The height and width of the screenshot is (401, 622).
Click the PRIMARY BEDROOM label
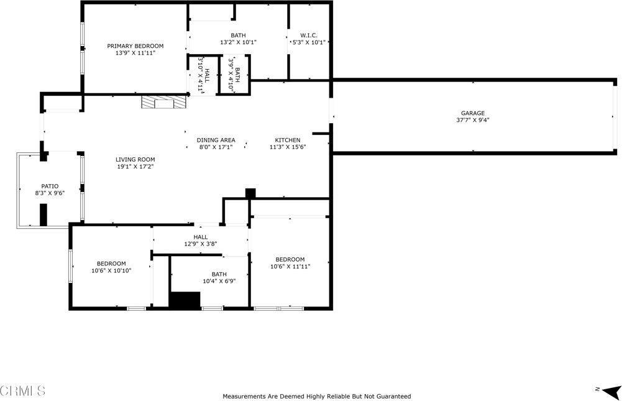coord(135,46)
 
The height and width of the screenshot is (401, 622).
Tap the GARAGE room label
coord(472,113)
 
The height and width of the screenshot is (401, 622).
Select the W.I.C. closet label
coord(309,35)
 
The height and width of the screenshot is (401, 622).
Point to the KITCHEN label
coord(288,140)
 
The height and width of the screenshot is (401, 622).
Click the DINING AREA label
coord(216,140)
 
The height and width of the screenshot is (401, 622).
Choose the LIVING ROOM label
coord(135,160)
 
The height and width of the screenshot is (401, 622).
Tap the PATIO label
coord(50,187)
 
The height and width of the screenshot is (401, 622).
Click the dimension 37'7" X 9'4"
coord(472,120)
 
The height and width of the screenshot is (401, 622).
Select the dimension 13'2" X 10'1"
coord(239,42)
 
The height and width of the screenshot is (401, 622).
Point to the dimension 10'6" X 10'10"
coord(111,270)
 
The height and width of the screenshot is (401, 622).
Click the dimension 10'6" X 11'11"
coord(290,267)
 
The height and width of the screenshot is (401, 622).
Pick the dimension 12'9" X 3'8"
coord(201,244)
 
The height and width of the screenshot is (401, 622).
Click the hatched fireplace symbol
coord(164,101)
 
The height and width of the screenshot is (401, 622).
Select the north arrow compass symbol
coord(611,391)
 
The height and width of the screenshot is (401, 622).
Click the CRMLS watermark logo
coord(22,390)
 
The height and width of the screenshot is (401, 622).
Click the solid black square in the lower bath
coord(185,300)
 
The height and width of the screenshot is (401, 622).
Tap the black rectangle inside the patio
coord(43,214)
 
